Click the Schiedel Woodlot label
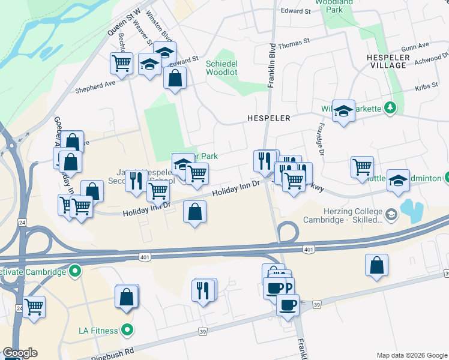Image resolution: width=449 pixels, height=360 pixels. point(223,67)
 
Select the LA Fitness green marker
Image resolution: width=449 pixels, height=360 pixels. point(127,330)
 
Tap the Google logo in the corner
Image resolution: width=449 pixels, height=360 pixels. point(20,353)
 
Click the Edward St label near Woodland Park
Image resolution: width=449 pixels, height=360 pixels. point(295,11)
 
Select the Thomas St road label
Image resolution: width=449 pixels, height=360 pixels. point(294,43)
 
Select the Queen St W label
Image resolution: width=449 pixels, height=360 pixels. point(123,22)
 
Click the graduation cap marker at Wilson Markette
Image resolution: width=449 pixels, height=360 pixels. point(344,110)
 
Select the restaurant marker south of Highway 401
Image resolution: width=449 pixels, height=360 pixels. point(205,290)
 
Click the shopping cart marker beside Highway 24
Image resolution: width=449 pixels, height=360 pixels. point(34,307)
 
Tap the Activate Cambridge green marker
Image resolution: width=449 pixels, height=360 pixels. point(75,272)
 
